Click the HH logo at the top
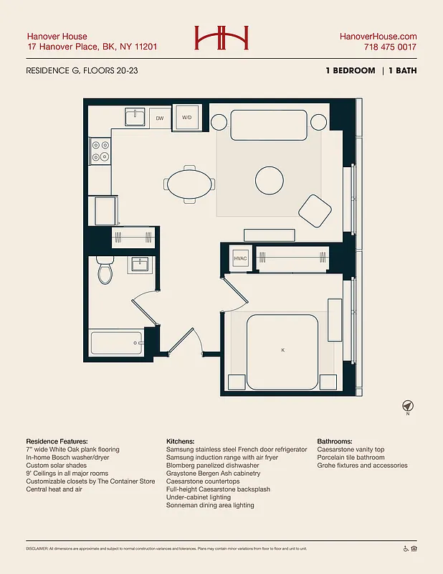click(221, 38)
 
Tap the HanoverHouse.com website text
click(378, 37)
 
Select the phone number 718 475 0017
click(390, 47)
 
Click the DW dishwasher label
click(160, 117)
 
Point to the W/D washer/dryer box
click(187, 117)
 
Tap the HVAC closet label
click(240, 259)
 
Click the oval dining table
click(189, 184)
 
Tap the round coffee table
click(270, 179)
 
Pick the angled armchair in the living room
click(315, 211)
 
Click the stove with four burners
click(100, 150)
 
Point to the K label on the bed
click(283, 349)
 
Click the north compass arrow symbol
click(407, 406)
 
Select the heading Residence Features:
click(57, 441)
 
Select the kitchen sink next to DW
click(135, 117)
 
